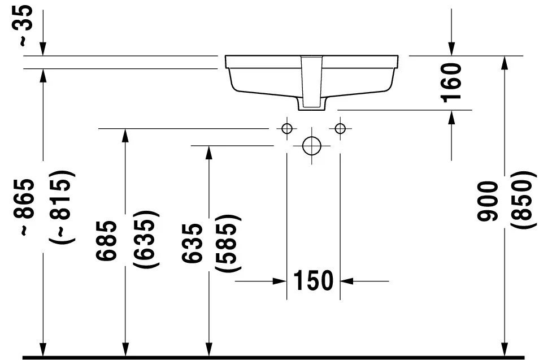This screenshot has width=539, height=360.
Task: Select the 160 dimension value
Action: coord(451,83)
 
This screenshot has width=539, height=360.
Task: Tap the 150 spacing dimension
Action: coord(313,280)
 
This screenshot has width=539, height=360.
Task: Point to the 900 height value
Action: coord(488,201)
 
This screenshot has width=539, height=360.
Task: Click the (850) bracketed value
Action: coord(523,199)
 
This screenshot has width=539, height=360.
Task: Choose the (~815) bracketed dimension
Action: coord(61,207)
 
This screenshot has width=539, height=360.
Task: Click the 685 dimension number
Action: coord(106,241)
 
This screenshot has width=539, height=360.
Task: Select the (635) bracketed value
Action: coord(146,239)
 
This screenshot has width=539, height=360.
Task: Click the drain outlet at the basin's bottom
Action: coord(312,107)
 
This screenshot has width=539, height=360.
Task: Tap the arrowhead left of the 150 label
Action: coord(280,281)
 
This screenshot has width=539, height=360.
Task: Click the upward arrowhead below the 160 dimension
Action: coord(451,117)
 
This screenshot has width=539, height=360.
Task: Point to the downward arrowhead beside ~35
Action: coord(42,49)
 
